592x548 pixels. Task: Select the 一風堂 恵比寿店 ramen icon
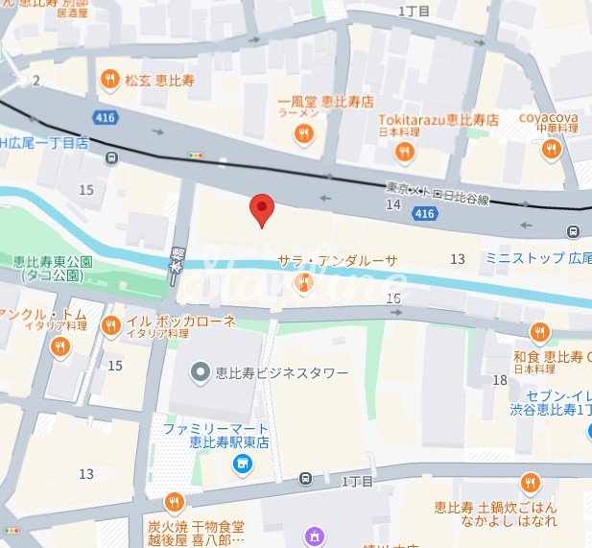pos(304,135)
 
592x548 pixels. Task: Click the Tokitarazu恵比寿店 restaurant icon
pos(406,152)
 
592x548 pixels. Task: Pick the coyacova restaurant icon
pos(550,149)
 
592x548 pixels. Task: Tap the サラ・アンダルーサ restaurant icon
pos(304,282)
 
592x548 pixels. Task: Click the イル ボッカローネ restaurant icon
pos(111,325)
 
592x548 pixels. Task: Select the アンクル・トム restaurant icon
pos(60,346)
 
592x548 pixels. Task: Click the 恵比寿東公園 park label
pos(52,267)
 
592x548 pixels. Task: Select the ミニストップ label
pos(527,258)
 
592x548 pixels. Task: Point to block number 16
pos(392,298)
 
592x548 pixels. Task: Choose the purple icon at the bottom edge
pos(312,536)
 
